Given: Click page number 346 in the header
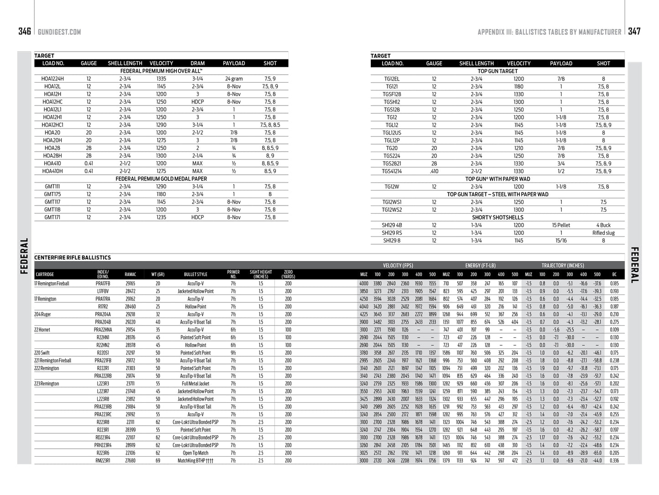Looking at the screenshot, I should pos(25,31).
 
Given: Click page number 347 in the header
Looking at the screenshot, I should pos(634,31).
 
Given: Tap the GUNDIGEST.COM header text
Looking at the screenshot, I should pos(59,32).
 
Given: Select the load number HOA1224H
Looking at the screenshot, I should pos(52,79).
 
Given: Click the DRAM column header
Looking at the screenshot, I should pos(197,63).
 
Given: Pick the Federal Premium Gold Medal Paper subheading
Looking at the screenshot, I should pos(161,179).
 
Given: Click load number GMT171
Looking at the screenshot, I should pos(52,217).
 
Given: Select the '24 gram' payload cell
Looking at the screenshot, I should pos(234,79).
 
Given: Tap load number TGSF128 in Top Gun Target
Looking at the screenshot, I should pos(392,94).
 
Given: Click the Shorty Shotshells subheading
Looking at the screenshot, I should pos(498,217).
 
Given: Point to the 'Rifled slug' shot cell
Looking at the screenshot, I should pos(603,233).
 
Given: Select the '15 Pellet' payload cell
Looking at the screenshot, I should pos(561,225).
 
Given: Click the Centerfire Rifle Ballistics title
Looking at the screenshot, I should pos(73,258).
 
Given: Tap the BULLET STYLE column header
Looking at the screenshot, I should pos(195,274).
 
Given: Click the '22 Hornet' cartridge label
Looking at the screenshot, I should pos(42,330).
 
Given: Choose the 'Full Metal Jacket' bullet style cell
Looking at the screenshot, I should pos(195,384).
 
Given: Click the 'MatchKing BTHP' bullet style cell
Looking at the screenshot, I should pos(195,461).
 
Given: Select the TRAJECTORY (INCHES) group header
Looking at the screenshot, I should pos(562,265).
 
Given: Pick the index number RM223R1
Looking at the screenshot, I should pos(103,461).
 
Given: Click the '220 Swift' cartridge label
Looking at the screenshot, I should pos(42,353).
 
